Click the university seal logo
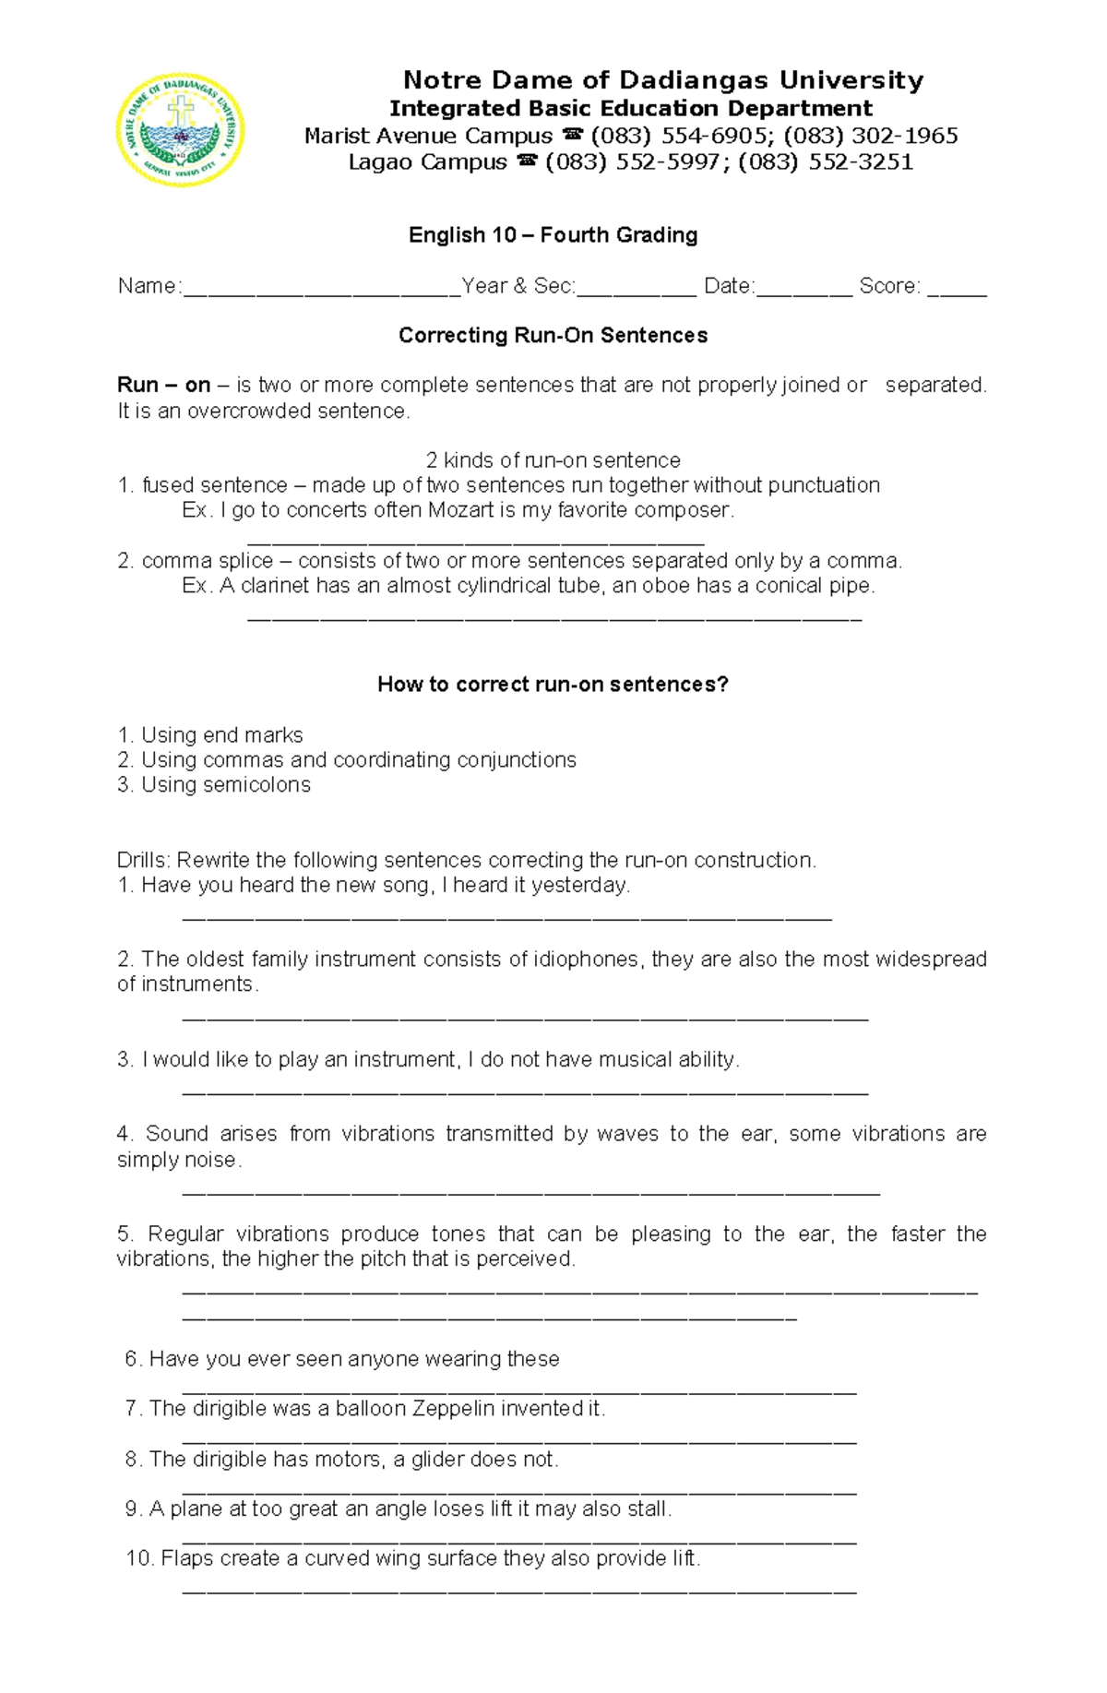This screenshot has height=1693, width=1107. pos(180,129)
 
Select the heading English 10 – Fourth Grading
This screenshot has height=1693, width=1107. pos(553,235)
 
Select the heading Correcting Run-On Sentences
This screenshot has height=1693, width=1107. pos(553,336)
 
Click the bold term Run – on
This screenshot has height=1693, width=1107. pos(163,386)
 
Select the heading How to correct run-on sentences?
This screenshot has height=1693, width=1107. pos(553,685)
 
